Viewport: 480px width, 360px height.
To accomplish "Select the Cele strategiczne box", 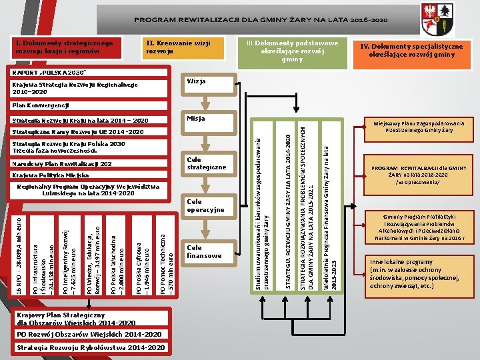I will coord(207,163).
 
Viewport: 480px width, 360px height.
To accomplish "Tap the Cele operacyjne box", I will coord(207,207).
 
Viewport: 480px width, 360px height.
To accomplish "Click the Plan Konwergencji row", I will coord(41,106).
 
